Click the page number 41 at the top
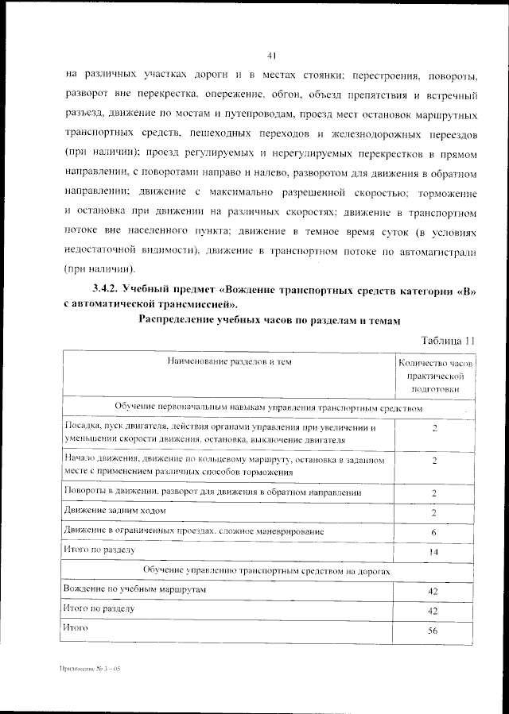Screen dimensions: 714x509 click(x=271, y=55)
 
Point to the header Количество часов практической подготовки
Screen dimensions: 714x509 click(x=433, y=376)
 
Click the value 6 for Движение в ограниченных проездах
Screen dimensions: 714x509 click(x=433, y=532)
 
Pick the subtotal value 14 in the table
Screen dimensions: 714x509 click(x=433, y=551)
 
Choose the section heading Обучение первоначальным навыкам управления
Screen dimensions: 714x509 click(x=267, y=407)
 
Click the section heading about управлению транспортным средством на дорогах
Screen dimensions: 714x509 click(x=267, y=571)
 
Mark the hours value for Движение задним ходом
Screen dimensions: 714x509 click(x=433, y=513)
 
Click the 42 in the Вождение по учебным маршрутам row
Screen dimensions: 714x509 click(x=433, y=592)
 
